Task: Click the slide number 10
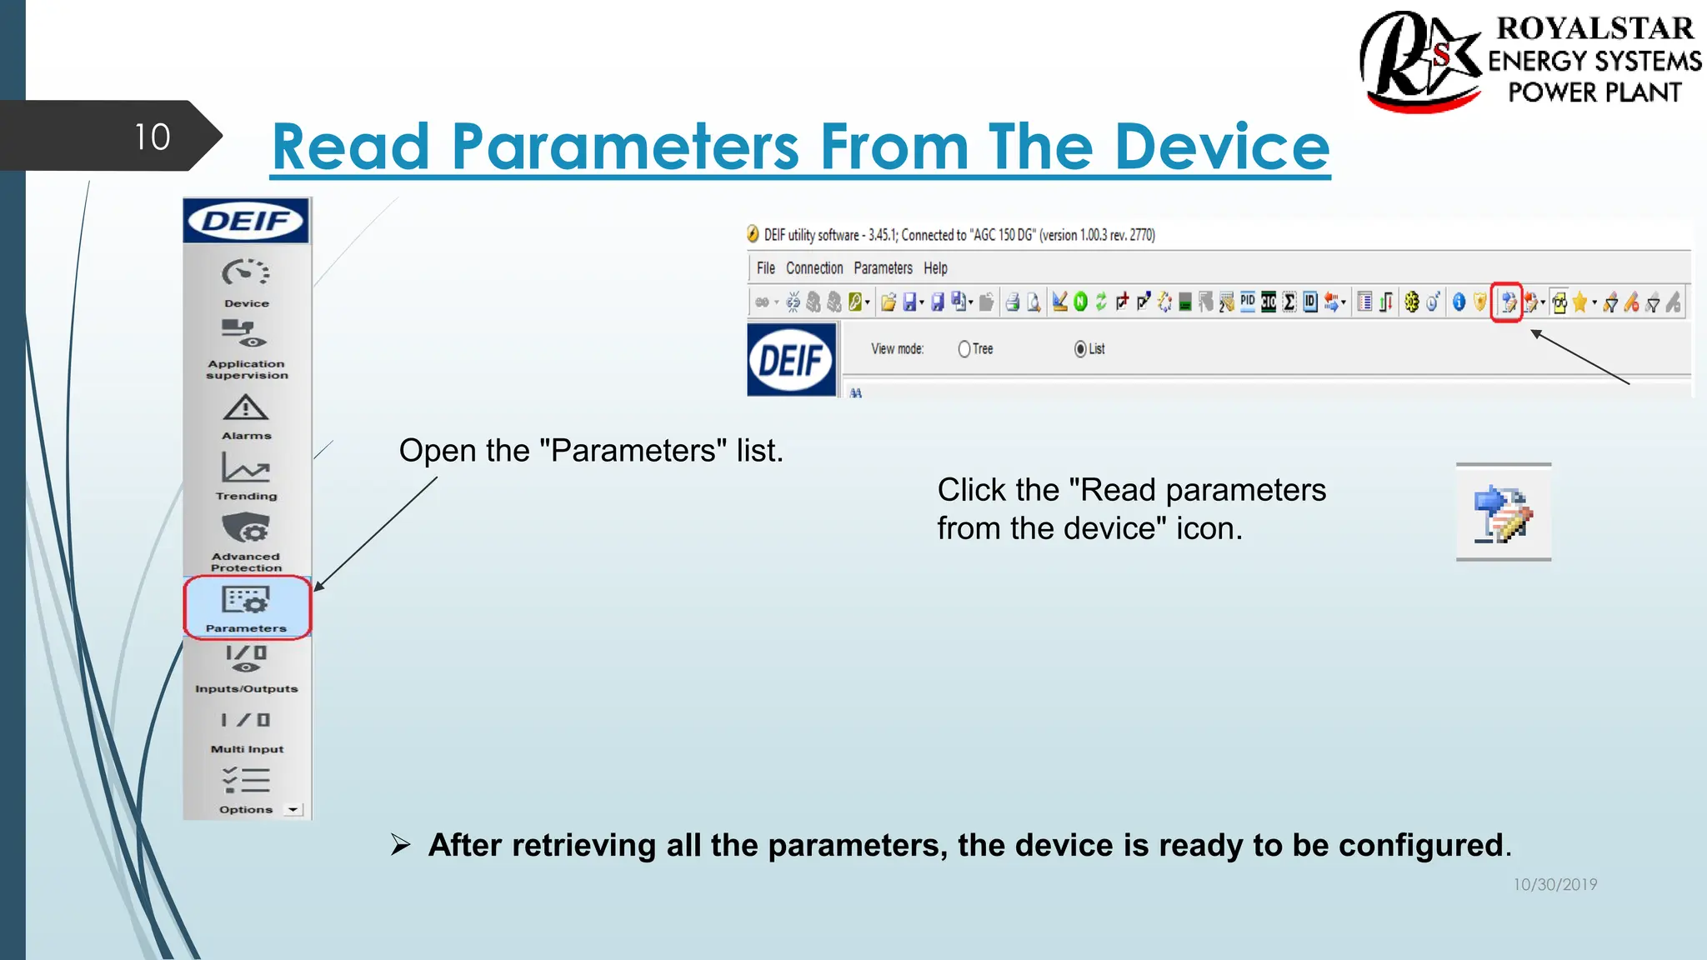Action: pos(152,137)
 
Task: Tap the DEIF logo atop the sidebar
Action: pos(246,221)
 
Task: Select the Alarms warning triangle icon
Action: pos(245,408)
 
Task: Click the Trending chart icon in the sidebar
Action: pos(245,467)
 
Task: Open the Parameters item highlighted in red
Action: pos(247,607)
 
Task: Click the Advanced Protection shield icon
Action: pos(245,528)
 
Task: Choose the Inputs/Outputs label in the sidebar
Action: pos(246,689)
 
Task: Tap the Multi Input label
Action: pos(247,749)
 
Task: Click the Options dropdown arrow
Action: pos(293,809)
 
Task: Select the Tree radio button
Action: pos(964,349)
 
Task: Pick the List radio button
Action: pos(1080,349)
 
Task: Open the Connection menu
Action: pos(813,268)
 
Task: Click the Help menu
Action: pos(935,268)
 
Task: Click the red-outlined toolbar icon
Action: pos(1507,302)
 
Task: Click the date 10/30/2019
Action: pos(1554,884)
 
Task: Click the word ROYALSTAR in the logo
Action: pos(1594,28)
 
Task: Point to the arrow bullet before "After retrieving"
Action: pos(401,845)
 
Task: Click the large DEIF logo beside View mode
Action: pos(791,360)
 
